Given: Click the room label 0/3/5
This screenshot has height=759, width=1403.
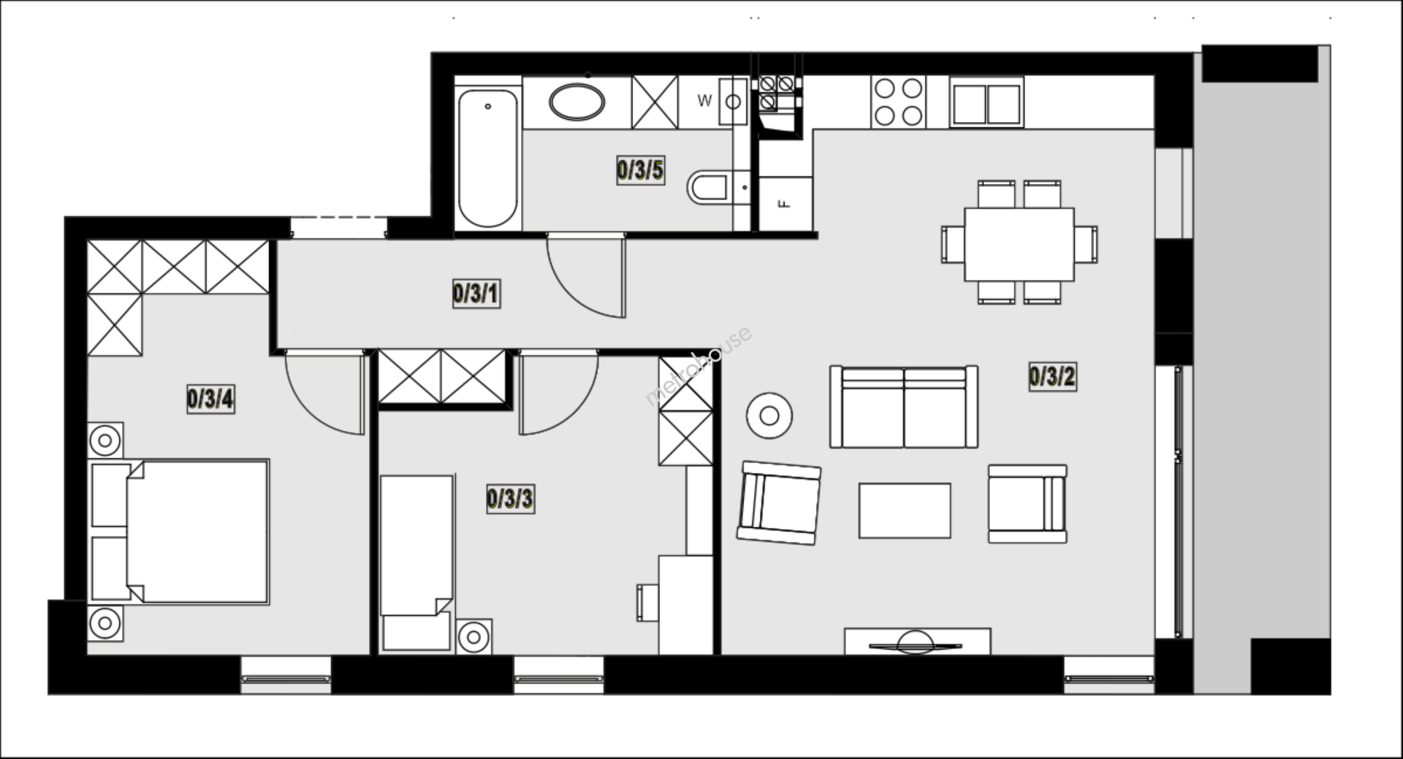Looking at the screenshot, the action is [640, 170].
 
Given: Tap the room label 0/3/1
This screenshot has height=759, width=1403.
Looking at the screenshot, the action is [476, 294].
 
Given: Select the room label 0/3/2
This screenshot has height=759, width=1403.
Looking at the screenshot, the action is [1052, 377].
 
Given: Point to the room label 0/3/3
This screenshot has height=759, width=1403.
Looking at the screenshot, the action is [510, 500].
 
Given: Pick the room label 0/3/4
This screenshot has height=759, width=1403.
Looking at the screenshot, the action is [210, 400].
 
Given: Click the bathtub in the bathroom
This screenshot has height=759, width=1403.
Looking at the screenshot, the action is [487, 158].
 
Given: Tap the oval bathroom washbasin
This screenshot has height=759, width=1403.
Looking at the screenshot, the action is [577, 102].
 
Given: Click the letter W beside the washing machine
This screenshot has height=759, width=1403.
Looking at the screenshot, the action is [704, 101].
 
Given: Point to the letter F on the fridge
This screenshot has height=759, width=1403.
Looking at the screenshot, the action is [785, 204].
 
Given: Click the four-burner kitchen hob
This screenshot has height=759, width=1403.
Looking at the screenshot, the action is [898, 102].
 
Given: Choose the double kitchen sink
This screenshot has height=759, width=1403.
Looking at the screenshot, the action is [986, 103].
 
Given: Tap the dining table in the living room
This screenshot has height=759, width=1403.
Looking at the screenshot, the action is [1019, 244].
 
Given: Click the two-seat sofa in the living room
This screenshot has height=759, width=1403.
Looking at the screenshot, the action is [904, 407].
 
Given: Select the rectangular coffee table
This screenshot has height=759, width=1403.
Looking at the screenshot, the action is [905, 511].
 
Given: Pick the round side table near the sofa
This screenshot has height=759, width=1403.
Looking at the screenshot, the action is [769, 416].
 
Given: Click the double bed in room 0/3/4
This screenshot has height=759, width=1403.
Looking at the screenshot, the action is [180, 531].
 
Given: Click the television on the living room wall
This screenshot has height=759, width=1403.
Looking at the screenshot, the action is [916, 644].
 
